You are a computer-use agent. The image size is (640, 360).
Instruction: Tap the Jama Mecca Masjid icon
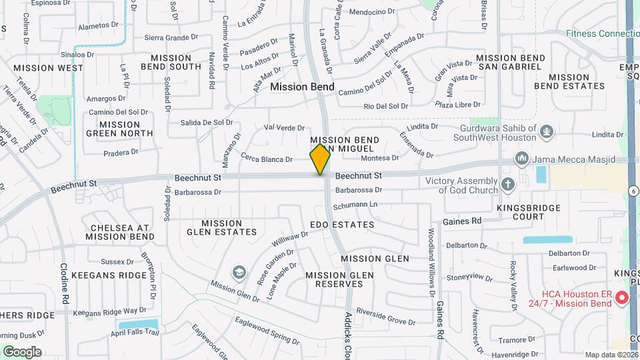[521, 159]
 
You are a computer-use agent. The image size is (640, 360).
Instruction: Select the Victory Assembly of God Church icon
[508, 184]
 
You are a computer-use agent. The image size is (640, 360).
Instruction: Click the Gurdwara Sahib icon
[547, 131]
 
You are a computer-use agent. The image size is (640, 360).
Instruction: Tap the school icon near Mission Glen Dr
[239, 272]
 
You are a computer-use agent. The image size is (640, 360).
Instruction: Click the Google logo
[22, 351]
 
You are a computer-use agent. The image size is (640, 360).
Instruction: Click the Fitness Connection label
[602, 33]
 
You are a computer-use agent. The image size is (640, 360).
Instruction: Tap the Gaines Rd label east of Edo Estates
[462, 221]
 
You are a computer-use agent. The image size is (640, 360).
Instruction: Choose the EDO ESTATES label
[342, 225]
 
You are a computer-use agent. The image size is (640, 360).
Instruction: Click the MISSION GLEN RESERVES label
[334, 279]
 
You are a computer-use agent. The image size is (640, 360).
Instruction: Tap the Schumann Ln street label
[355, 205]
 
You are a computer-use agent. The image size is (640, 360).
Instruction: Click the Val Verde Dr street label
[284, 127]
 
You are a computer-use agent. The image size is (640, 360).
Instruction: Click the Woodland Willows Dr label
[431, 263]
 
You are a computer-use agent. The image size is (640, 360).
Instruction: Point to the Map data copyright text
[611, 355]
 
